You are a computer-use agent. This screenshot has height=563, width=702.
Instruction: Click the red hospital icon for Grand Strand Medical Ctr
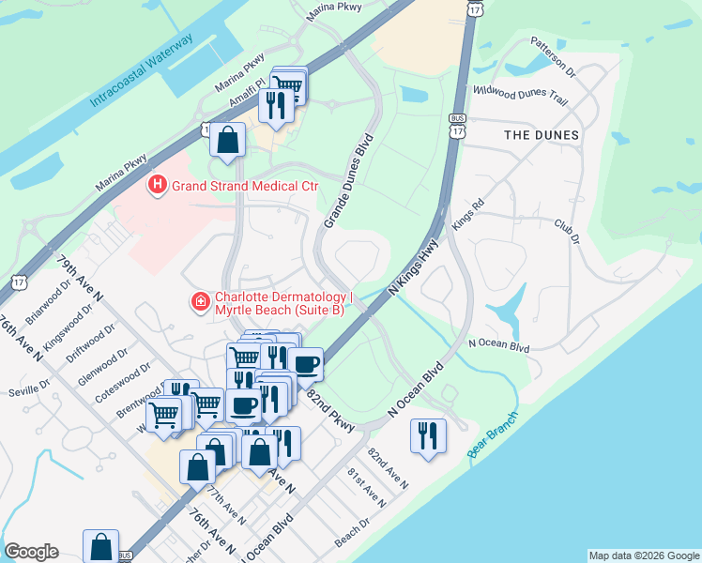pos(158,186)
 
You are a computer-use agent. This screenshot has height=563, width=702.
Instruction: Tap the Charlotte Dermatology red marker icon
pos(199,301)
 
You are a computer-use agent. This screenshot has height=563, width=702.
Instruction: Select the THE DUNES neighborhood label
pos(542,135)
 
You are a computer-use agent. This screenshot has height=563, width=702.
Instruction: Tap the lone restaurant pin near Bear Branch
pos(427,436)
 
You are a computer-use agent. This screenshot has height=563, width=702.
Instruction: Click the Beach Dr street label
pos(352,535)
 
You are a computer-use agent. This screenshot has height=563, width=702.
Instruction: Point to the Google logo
pos(31,552)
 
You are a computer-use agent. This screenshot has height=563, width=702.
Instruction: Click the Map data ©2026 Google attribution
pos(643,555)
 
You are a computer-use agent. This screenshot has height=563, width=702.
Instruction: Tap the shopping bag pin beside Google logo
pos(100,546)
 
